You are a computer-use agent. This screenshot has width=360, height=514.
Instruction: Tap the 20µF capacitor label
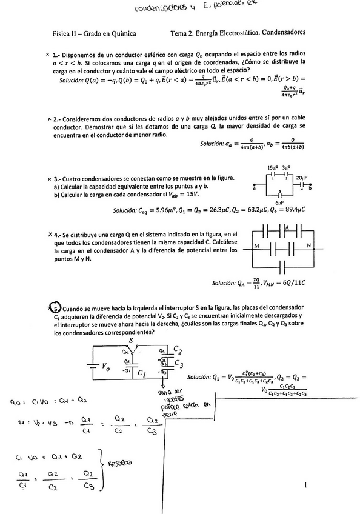tap(301, 178)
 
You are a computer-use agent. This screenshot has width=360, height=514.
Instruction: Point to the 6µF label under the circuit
tap(279, 202)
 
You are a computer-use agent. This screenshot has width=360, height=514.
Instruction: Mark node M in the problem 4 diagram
tap(257, 245)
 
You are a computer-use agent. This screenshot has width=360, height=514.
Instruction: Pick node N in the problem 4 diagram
tap(308, 245)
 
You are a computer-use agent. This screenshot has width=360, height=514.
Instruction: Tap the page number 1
tap(307, 484)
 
